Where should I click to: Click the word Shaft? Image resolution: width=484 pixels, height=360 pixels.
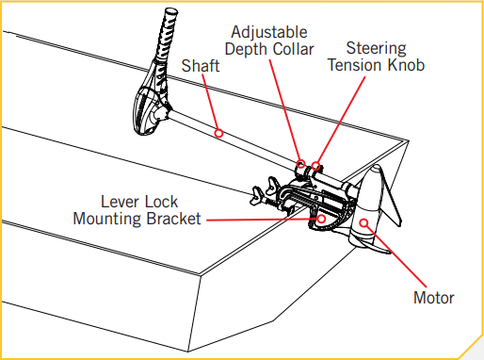tap(201, 66)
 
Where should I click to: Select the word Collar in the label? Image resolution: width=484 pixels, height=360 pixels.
tap(293, 49)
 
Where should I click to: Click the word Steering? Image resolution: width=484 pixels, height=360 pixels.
tap(376, 49)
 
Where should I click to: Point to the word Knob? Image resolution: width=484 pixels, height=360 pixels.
tap(406, 65)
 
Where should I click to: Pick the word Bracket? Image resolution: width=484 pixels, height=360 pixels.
tap(173, 219)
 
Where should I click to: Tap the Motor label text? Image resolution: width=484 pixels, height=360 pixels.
tap(434, 298)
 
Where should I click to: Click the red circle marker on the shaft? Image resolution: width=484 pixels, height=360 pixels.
tap(218, 133)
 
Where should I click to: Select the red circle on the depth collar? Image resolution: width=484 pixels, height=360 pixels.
tap(301, 164)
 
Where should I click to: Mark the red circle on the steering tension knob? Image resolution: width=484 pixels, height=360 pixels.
tap(316, 166)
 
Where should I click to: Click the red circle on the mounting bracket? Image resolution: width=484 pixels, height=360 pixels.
tap(321, 219)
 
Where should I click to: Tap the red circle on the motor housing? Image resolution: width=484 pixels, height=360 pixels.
tap(363, 223)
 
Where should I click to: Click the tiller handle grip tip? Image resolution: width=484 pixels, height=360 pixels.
tap(171, 12)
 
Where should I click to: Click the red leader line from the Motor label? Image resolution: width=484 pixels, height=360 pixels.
tap(396, 256)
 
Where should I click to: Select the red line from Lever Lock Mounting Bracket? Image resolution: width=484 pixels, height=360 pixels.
tap(262, 220)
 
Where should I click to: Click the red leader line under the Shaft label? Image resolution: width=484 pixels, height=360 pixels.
tap(210, 102)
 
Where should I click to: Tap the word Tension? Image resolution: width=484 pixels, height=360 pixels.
tap(355, 65)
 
